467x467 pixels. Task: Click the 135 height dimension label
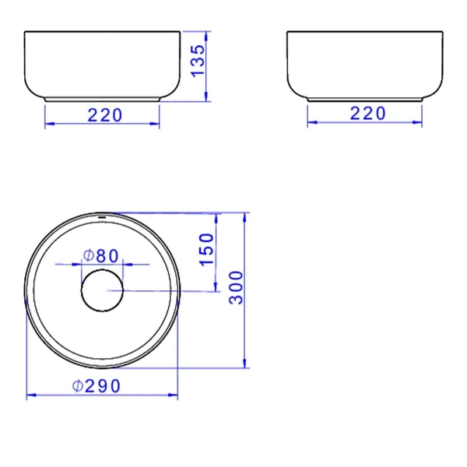[198, 61]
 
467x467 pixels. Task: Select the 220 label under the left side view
[105, 115]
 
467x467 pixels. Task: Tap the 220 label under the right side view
[367, 114]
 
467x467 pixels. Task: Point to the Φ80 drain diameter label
[101, 256]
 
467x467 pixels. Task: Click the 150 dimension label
[206, 249]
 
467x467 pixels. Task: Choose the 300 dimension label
[236, 288]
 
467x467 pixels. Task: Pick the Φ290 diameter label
[97, 386]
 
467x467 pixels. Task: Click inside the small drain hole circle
[102, 290]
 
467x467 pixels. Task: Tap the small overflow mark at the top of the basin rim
[102, 218]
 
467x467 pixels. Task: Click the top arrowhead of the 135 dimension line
[206, 36]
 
